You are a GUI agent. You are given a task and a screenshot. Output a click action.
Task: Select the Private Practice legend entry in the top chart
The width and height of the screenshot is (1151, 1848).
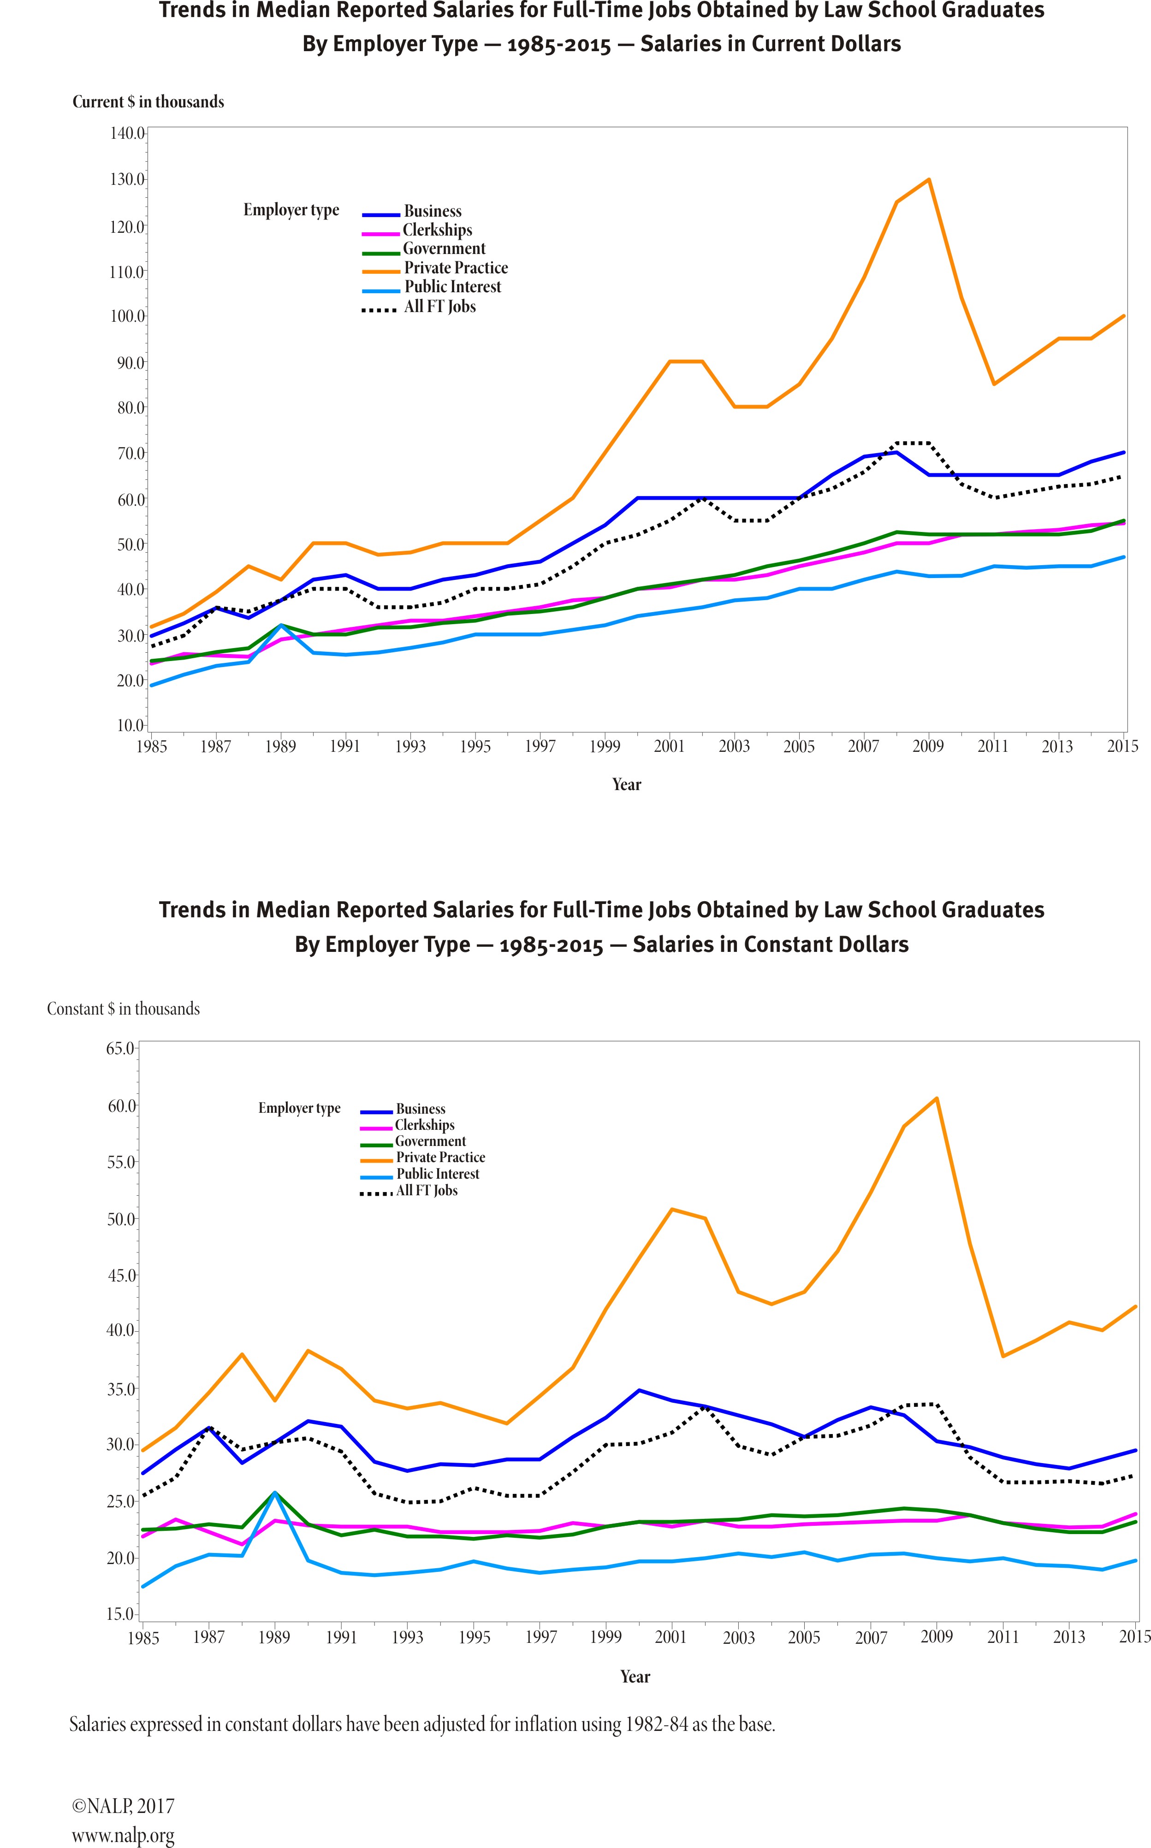coord(455,268)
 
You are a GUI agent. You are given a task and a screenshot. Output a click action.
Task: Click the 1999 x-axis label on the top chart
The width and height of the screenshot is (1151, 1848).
coord(605,746)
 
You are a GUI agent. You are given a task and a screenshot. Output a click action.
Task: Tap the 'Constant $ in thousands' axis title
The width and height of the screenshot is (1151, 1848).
coord(123,1009)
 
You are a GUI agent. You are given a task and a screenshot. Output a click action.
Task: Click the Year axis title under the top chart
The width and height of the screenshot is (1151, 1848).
coord(627,785)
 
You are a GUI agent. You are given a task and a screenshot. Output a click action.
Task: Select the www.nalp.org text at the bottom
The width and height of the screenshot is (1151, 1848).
coord(123,1830)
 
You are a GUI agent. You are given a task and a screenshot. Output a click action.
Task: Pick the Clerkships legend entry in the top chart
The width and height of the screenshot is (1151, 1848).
coord(437,230)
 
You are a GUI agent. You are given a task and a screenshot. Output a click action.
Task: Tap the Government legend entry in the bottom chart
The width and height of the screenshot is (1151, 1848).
coord(430,1141)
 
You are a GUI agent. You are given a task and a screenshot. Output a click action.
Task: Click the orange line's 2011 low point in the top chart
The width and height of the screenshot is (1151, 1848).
coord(993,384)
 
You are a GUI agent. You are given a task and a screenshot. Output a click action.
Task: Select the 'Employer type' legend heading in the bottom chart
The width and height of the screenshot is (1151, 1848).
coord(299,1108)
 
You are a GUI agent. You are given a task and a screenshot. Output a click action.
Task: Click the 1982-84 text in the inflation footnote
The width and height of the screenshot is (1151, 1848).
coord(655,1724)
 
